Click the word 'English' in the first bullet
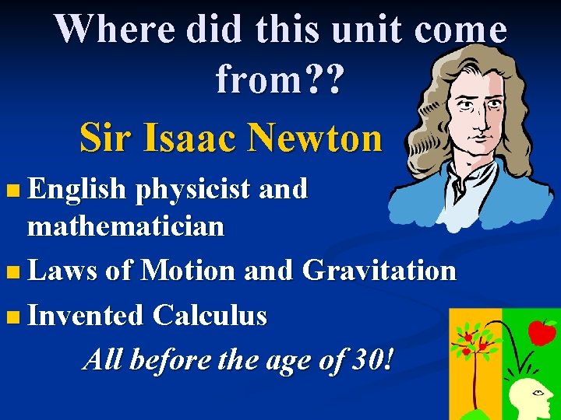point(76,189)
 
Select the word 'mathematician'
point(125,226)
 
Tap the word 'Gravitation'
point(379,271)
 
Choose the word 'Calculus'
point(210,316)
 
